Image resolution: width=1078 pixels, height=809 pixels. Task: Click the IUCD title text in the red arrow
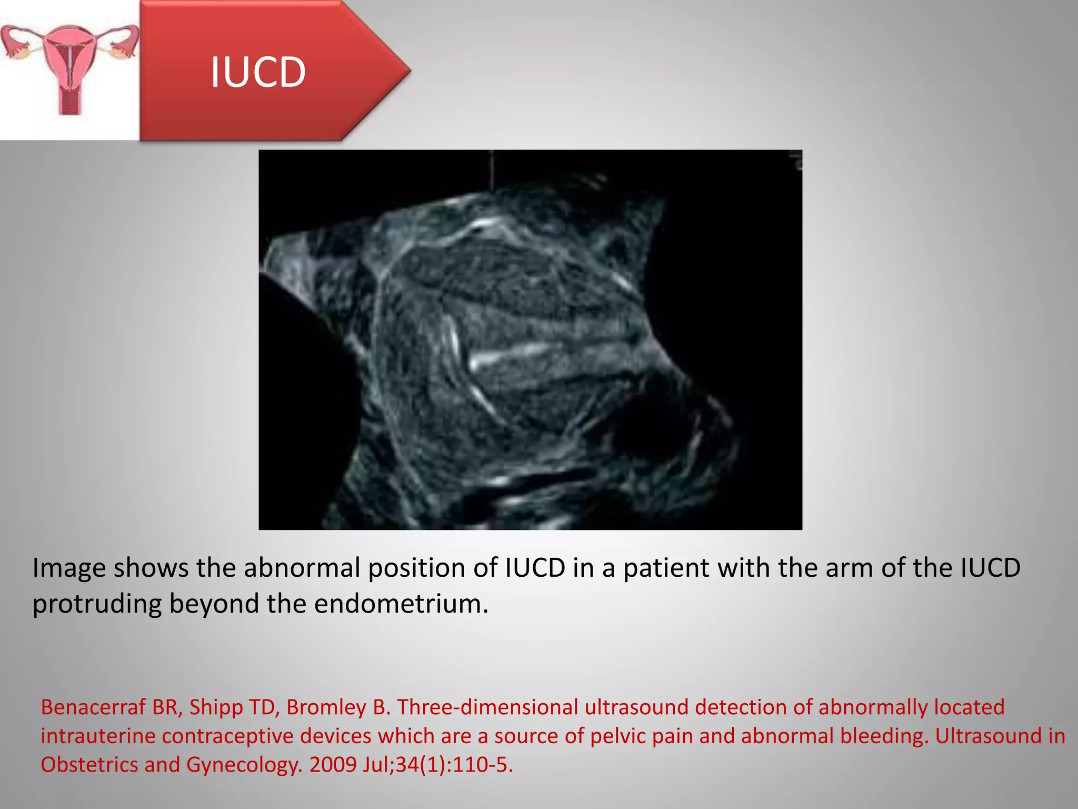[258, 72]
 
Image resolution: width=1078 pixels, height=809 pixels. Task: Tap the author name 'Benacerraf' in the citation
[93, 707]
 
